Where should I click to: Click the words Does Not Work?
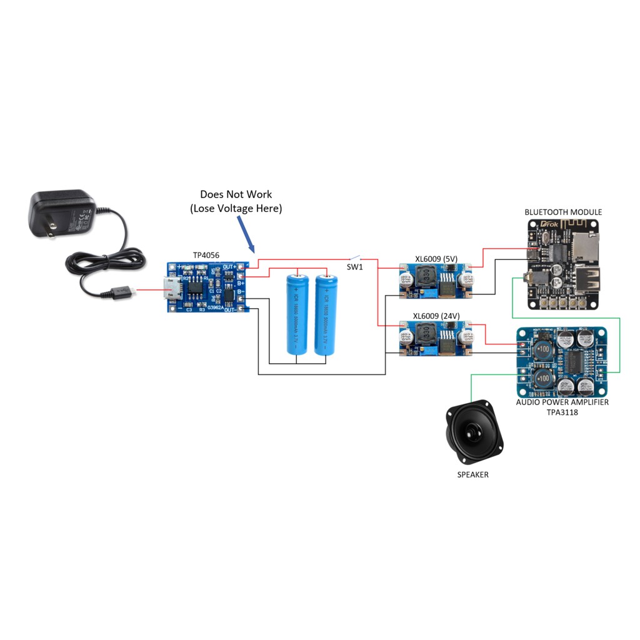(236, 194)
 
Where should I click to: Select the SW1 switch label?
(355, 267)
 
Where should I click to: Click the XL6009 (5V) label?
(437, 259)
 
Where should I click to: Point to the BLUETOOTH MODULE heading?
(563, 212)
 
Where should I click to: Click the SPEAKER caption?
(472, 475)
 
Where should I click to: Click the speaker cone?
(471, 432)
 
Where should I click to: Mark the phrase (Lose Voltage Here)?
(236, 209)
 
